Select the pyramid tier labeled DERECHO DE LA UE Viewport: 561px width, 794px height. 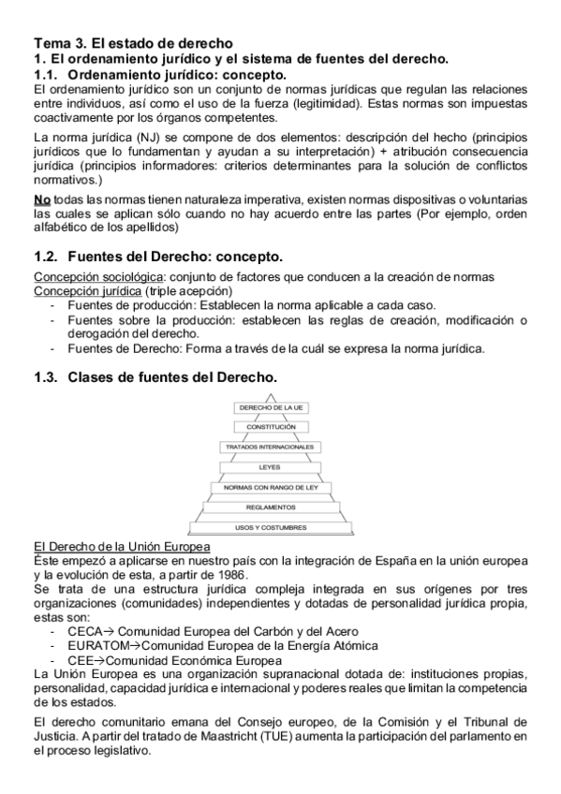click(271, 408)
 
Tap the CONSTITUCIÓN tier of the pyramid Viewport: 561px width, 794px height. click(271, 427)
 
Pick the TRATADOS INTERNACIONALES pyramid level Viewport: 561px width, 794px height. click(271, 448)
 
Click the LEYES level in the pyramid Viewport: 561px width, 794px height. click(271, 467)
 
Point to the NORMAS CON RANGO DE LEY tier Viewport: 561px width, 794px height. click(271, 487)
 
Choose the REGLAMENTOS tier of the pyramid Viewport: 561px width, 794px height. click(271, 507)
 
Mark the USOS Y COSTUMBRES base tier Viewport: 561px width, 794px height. click(271, 527)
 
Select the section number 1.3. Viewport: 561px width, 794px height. click(46, 376)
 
